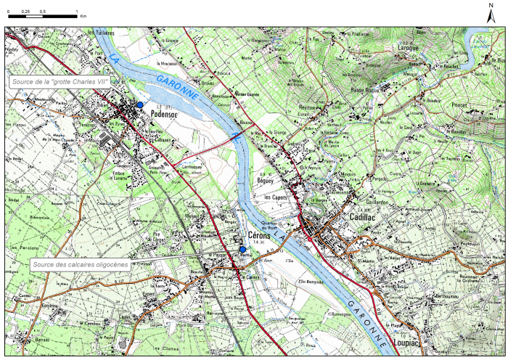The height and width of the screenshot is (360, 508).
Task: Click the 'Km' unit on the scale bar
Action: coord(83,15)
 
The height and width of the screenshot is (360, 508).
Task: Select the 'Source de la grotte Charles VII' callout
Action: coord(60,82)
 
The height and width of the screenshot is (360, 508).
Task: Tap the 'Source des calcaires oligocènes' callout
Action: coord(81,265)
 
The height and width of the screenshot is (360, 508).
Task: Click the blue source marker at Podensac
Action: coord(139,105)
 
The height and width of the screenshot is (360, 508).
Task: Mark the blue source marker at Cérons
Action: coord(242,250)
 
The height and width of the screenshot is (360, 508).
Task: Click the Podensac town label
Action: coord(165,114)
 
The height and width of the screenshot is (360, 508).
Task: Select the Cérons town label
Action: coord(260,236)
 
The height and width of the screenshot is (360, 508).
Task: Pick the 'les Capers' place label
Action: coord(276,197)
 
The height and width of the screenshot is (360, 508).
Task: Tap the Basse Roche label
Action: coord(366,91)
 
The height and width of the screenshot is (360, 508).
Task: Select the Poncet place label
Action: coord(459,105)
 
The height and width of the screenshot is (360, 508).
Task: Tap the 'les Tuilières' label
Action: coord(102,33)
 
